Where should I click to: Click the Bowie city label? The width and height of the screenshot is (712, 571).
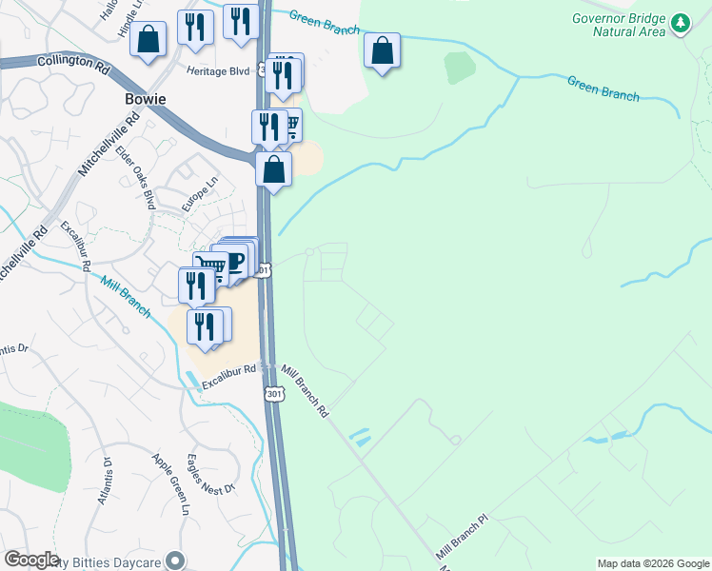146,99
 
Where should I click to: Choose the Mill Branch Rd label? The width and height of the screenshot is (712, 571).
305,389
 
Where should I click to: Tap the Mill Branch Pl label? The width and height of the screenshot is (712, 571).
462,538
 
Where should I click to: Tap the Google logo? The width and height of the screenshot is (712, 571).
31,560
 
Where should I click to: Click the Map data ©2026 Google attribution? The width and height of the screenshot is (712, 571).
653,563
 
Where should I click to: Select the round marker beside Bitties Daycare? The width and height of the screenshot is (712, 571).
174,561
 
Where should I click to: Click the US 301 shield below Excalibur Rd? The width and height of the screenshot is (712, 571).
275,393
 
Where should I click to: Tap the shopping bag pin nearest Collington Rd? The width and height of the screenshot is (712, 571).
149,40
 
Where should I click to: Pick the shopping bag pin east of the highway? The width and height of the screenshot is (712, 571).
382,51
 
